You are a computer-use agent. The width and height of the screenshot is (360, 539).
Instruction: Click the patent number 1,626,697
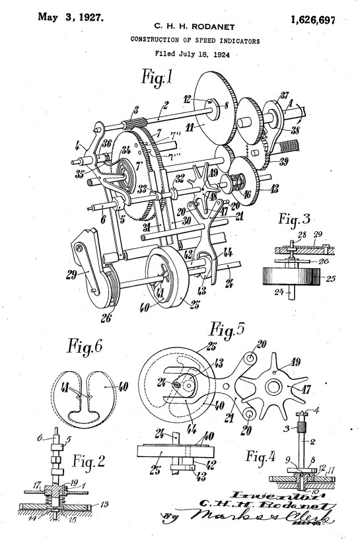[x=312, y=21]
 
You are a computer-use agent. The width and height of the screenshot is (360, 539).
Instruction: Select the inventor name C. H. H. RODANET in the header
[x=192, y=26]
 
